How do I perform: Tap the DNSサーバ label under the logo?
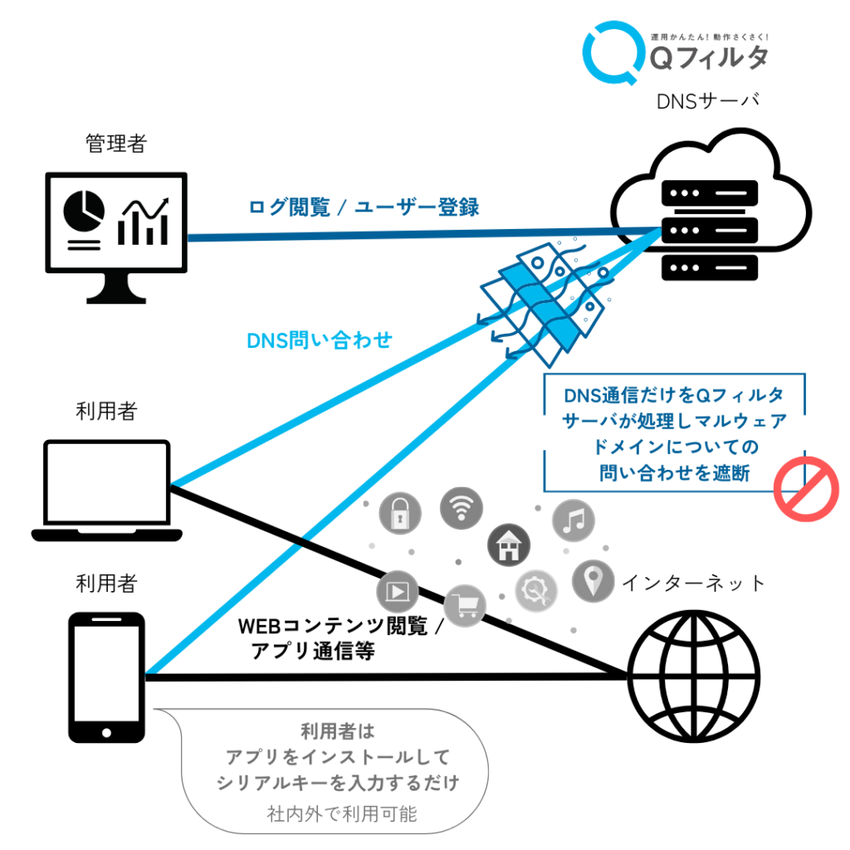point(707,101)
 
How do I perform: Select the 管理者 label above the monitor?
point(116,144)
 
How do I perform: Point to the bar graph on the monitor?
point(143,222)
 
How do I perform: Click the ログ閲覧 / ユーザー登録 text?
point(364,207)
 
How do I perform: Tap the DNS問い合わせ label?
point(320,340)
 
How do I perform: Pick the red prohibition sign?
point(806,489)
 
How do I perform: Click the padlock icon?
point(400,513)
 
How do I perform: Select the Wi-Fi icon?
point(462,508)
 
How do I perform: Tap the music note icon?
point(574,520)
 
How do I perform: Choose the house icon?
point(509,545)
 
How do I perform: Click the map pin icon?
point(593,581)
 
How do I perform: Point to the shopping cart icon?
point(465,605)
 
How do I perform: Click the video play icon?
point(398,591)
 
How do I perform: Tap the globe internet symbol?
point(694,677)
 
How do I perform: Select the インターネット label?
point(694,584)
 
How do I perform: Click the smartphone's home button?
point(107,733)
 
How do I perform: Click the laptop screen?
point(107,482)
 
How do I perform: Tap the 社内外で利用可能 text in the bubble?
point(342,813)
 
